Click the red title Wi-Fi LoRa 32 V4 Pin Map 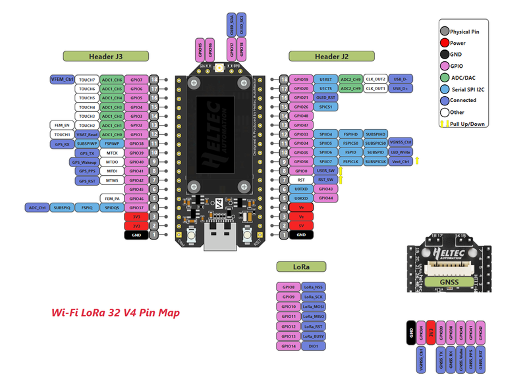click(x=115, y=312)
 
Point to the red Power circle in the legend click(x=445, y=43)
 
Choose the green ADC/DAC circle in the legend click(x=445, y=77)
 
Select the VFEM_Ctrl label click(x=61, y=79)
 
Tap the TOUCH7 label click(x=86, y=79)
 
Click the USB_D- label click(x=401, y=79)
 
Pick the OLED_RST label click(x=325, y=97)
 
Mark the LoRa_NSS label click(x=313, y=287)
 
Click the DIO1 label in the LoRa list click(x=313, y=346)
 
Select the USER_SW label click(x=325, y=170)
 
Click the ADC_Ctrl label click(x=37, y=207)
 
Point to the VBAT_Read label click(x=86, y=134)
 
